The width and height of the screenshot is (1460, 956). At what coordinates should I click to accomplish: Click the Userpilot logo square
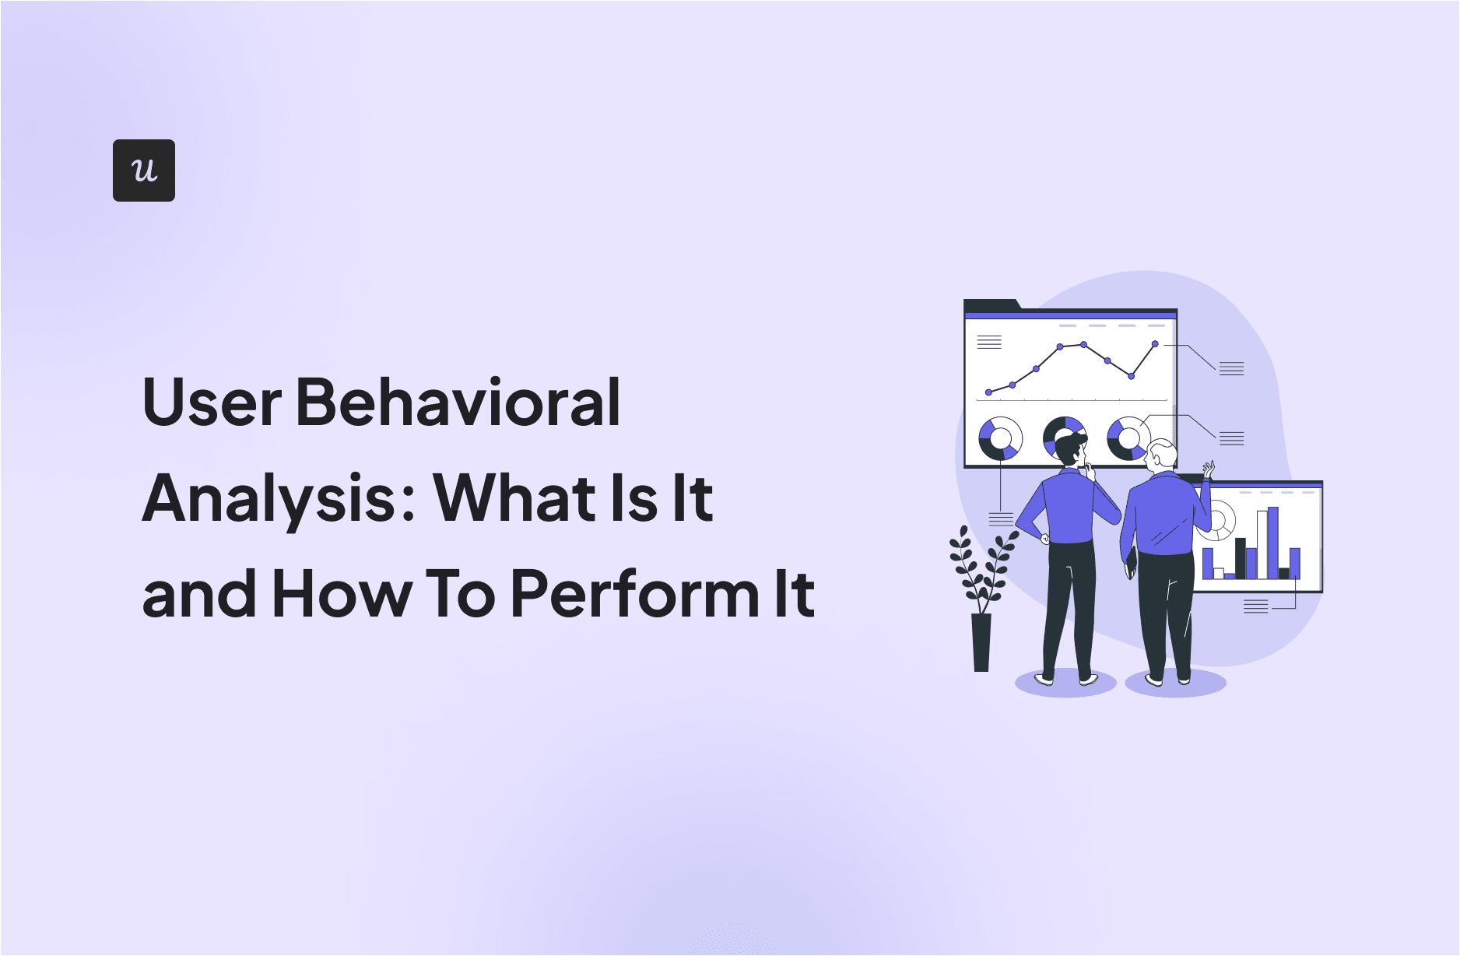(x=144, y=170)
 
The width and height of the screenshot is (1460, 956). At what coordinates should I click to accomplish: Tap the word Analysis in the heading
(x=269, y=499)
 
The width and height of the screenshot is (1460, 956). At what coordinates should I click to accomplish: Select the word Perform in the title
(x=635, y=594)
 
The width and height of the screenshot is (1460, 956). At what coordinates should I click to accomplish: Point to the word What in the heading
(x=514, y=498)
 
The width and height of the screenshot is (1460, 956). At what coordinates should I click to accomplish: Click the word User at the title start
(x=212, y=402)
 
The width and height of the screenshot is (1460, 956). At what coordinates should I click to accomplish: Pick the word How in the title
(x=342, y=594)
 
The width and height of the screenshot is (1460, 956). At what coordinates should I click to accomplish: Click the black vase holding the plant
(x=981, y=642)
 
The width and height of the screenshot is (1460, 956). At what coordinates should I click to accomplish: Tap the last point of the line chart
(x=1155, y=343)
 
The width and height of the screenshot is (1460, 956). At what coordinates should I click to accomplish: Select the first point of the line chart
(x=988, y=392)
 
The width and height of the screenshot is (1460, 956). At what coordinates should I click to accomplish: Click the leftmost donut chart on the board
(x=1000, y=438)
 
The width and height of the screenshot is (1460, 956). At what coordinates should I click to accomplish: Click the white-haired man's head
(x=1162, y=455)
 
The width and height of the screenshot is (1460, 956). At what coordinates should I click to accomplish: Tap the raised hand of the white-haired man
(x=1209, y=469)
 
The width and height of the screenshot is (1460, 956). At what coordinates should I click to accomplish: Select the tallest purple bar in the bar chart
(x=1273, y=543)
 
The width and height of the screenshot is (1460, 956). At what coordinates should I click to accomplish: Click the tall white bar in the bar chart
(x=1262, y=545)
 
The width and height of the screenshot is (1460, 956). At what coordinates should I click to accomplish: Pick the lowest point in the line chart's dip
(x=1131, y=376)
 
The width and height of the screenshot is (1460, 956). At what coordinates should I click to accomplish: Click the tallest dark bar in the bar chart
(x=1241, y=557)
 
